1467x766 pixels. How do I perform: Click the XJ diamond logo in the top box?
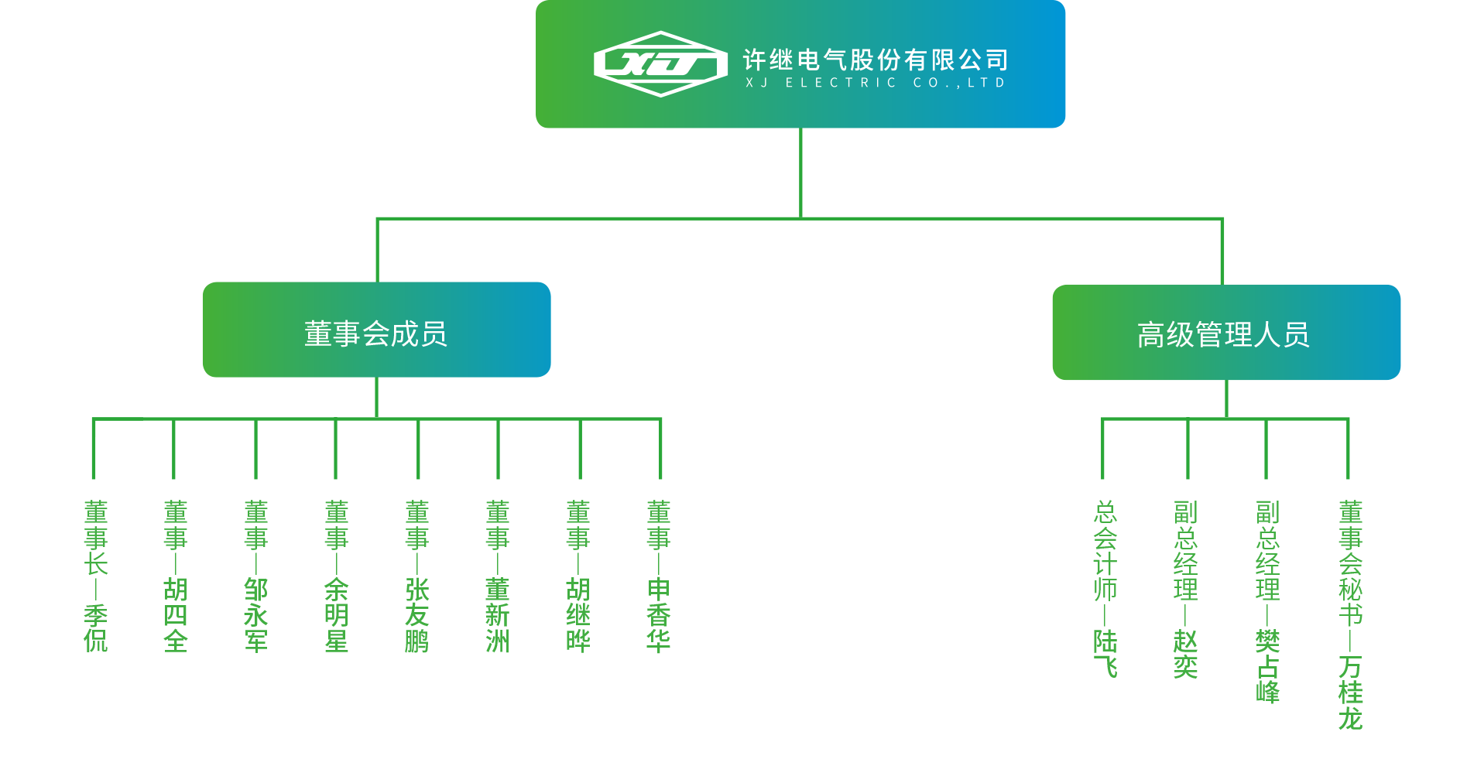pos(660,63)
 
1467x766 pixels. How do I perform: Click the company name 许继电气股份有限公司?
pos(875,59)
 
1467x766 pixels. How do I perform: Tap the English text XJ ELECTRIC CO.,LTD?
pos(875,83)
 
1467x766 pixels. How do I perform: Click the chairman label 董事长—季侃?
pos(96,576)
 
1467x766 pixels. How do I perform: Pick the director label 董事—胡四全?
pos(176,576)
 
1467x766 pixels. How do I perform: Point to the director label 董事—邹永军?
pos(256,576)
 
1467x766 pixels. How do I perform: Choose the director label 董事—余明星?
pos(337,576)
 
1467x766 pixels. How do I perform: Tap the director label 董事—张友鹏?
pos(417,576)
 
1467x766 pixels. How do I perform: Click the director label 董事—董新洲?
pos(498,576)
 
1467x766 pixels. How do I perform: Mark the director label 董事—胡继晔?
pos(578,576)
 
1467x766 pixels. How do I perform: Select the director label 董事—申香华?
pos(659,576)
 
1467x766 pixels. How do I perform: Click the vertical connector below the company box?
pos(800,172)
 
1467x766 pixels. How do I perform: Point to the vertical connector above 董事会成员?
pos(377,250)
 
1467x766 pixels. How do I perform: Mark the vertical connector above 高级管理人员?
pos(1222,251)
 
